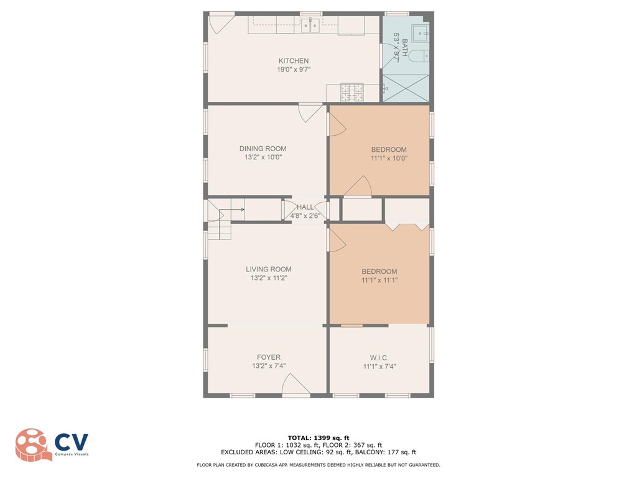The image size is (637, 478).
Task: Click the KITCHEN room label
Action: coord(293,61)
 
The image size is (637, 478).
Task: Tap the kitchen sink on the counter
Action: coord(310,26)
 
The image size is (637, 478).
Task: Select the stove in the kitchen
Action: coord(351,93)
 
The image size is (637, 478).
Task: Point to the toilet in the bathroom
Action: coord(422,55)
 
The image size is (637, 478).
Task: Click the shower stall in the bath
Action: coord(405,88)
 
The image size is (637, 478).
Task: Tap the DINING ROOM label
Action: coord(263,149)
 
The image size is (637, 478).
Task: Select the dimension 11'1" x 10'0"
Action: coord(389,159)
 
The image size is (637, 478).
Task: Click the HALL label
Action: coord(305,207)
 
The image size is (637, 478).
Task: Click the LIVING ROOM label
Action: coord(268,269)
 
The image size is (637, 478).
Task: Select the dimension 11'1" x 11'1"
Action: coord(379,281)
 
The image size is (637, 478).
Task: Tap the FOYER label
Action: coord(268,357)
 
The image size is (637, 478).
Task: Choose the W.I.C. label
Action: coord(379,358)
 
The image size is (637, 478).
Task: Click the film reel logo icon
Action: coord(32,444)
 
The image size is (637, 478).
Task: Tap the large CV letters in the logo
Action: coord(72,442)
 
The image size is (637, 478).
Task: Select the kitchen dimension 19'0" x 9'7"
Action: coord(293,70)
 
